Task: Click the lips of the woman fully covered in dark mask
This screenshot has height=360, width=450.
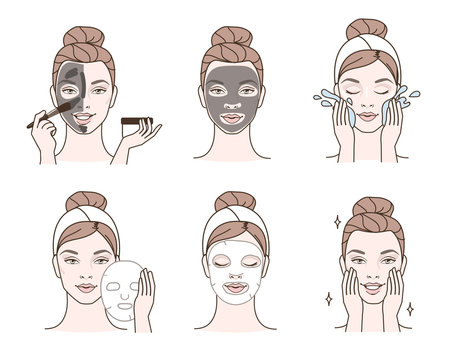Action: tap(224, 118)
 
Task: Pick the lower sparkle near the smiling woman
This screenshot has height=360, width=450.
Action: tap(329, 298)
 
